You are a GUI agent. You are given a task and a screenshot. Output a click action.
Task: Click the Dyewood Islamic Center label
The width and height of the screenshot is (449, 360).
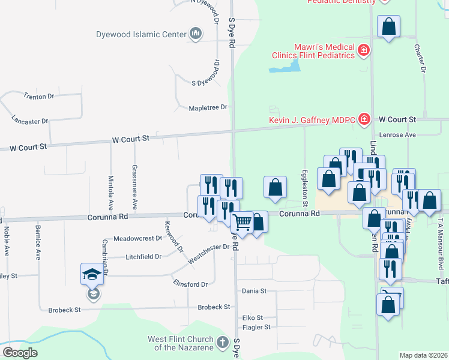[x=141, y=34]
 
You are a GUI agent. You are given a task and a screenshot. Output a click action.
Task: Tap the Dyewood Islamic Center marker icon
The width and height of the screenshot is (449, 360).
[x=196, y=35]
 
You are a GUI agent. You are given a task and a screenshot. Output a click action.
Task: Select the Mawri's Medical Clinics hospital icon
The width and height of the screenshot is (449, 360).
[x=363, y=50]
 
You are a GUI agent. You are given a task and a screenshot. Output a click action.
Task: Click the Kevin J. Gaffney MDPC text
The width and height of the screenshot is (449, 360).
[x=312, y=119]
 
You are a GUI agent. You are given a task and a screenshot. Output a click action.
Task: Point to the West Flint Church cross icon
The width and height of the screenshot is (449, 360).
[x=222, y=343]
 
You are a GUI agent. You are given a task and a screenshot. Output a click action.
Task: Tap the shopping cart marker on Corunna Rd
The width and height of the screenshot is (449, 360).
[x=242, y=222]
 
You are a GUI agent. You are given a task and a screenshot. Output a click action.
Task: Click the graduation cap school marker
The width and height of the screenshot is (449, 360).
[x=92, y=275]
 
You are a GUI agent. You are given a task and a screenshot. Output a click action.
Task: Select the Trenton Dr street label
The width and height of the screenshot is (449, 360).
[x=39, y=96]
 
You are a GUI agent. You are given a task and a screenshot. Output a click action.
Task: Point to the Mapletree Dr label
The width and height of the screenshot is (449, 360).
[x=208, y=107]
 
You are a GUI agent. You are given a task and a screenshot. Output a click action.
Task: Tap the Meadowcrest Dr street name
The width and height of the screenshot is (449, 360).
[x=137, y=238]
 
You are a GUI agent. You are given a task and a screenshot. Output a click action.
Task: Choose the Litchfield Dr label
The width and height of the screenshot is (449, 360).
[x=143, y=257]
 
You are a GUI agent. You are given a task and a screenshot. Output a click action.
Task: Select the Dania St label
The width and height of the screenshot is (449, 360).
[x=254, y=291]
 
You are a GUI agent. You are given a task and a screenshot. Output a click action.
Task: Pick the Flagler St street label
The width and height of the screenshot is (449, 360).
[x=256, y=327]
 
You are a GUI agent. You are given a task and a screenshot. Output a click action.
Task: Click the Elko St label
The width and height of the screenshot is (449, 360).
[x=252, y=317]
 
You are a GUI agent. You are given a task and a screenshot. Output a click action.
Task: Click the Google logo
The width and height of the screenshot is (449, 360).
[x=20, y=353]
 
